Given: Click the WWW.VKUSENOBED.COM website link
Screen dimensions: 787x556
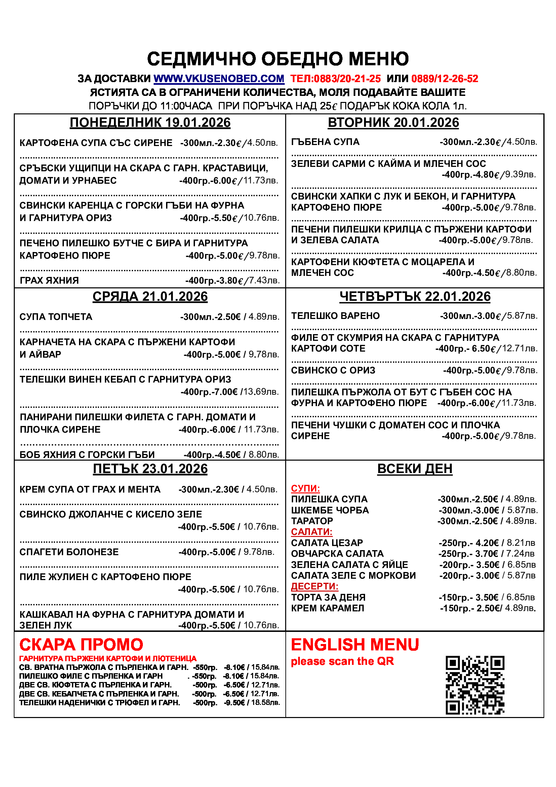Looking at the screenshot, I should [x=219, y=79].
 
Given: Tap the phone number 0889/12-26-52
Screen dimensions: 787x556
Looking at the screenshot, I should [x=444, y=79].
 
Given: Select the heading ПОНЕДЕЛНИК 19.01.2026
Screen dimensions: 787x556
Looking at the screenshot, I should [x=150, y=123].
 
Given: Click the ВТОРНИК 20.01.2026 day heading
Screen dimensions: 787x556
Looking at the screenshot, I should [x=393, y=123].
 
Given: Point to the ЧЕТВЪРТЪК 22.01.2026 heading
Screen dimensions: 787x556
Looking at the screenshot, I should [x=414, y=296].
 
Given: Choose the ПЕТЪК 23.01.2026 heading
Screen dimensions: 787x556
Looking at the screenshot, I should [x=150, y=469].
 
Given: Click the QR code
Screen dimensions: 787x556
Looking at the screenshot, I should [x=475, y=685].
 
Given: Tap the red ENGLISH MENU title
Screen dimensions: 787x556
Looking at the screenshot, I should [x=355, y=645].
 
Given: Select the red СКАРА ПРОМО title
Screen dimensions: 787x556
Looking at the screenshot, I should [x=81, y=645].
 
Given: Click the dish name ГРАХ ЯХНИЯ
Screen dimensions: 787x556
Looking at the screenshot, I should [x=49, y=281].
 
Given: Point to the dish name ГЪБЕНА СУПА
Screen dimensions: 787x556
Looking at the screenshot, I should [x=325, y=142].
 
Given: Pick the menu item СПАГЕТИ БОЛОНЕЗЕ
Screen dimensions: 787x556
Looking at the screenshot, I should [x=69, y=552].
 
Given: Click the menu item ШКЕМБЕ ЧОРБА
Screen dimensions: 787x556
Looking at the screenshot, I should [x=330, y=510].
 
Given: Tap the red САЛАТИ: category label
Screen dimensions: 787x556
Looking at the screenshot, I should [x=312, y=532].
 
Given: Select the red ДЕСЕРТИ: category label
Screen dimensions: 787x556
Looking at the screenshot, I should [x=315, y=586].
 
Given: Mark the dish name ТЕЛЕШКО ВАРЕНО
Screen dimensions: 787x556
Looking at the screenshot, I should [x=335, y=316].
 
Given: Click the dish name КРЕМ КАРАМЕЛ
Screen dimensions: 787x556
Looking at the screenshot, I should [x=327, y=608].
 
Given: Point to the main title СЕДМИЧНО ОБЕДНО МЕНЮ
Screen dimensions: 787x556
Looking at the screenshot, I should [x=278, y=59].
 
